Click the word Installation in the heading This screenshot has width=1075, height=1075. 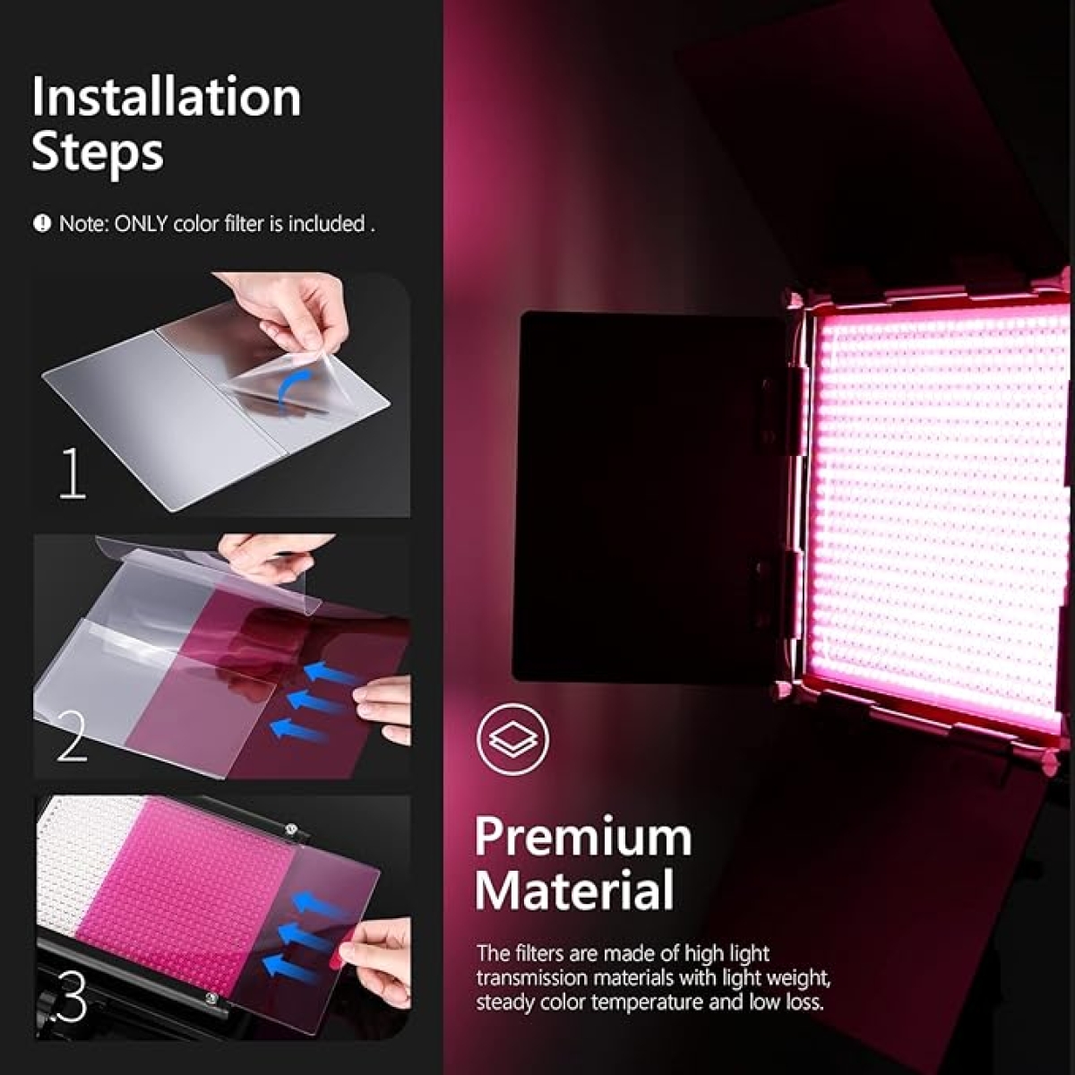pyautogui.click(x=167, y=97)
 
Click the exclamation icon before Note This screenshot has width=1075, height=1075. pyautogui.click(x=42, y=224)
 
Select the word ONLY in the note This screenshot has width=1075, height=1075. pyautogui.click(x=141, y=224)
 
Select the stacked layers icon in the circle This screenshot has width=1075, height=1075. pyautogui.click(x=512, y=740)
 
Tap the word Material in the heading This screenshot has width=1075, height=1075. pyautogui.click(x=574, y=891)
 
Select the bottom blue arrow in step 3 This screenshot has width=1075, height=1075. pyautogui.click(x=291, y=967)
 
